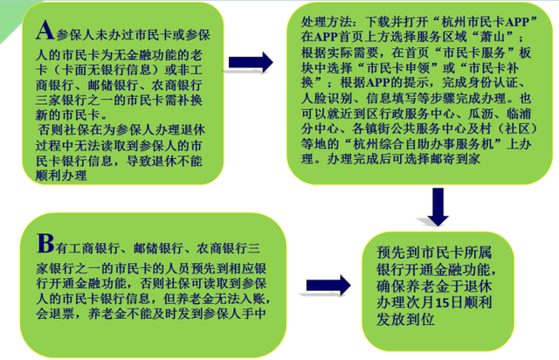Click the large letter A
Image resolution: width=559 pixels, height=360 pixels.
click(45, 30)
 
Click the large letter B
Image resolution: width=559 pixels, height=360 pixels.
click(45, 243)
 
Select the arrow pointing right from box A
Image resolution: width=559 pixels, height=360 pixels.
click(251, 62)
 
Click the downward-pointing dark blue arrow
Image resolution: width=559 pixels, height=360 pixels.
click(438, 207)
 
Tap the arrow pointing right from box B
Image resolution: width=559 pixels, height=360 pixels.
click(328, 285)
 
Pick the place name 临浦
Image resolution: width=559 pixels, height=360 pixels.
click(519, 114)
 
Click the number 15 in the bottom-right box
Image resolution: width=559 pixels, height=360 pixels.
click(442, 303)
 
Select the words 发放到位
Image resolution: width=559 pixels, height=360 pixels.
click(405, 319)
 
